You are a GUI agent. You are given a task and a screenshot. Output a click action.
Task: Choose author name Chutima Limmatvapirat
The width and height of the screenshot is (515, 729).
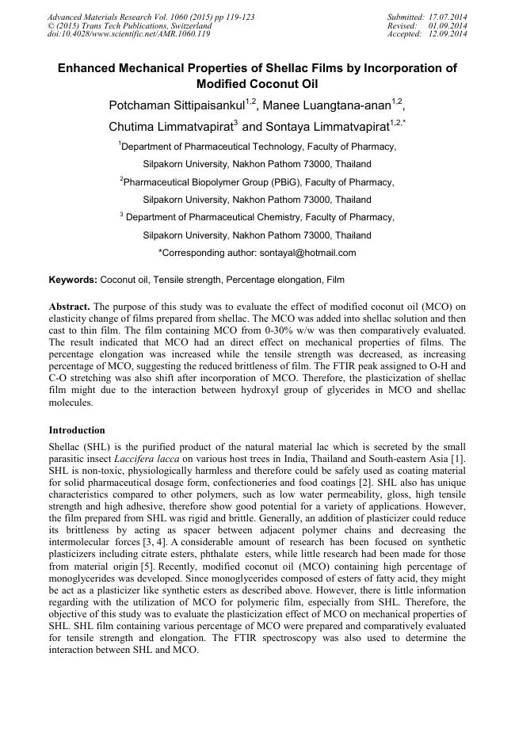pyautogui.click(x=170, y=126)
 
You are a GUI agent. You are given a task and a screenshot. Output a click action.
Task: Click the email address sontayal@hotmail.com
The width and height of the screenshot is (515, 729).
pyautogui.click(x=307, y=253)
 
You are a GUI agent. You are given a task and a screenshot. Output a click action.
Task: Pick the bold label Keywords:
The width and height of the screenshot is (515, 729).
pyautogui.click(x=73, y=280)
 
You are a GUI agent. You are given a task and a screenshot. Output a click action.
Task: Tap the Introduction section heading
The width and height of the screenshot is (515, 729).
pyautogui.click(x=77, y=430)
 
